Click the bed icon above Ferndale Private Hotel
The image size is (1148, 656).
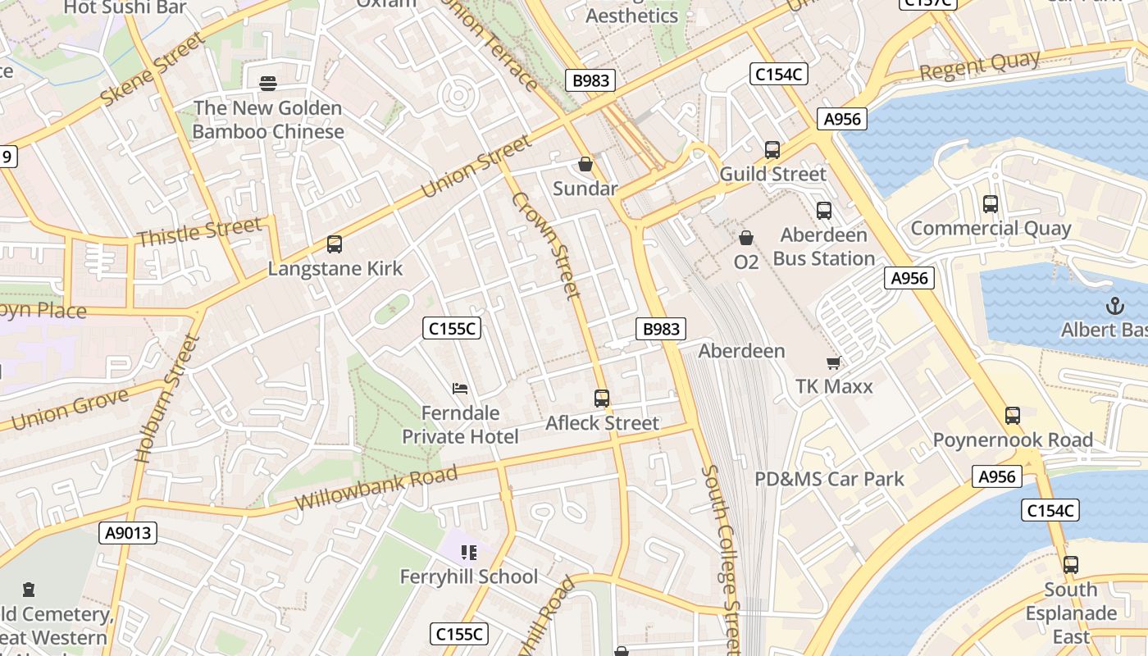460,388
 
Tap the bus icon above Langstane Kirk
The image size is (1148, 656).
334,244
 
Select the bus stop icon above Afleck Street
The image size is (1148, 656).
602,399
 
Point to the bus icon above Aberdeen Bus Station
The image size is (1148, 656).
824,211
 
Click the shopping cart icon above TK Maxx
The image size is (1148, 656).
834,362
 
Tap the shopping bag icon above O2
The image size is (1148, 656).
746,238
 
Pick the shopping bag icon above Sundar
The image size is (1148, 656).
585,165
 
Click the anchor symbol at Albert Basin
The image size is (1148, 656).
1114,307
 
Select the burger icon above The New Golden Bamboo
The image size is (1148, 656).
268,84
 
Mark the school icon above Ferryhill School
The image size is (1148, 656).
468,553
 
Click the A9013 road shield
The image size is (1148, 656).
129,533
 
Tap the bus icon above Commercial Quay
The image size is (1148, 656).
991,204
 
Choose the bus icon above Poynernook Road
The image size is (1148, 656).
1013,416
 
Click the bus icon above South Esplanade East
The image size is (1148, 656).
1071,565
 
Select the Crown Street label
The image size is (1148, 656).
546,245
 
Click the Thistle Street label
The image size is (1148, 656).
199,231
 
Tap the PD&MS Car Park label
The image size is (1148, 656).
829,479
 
